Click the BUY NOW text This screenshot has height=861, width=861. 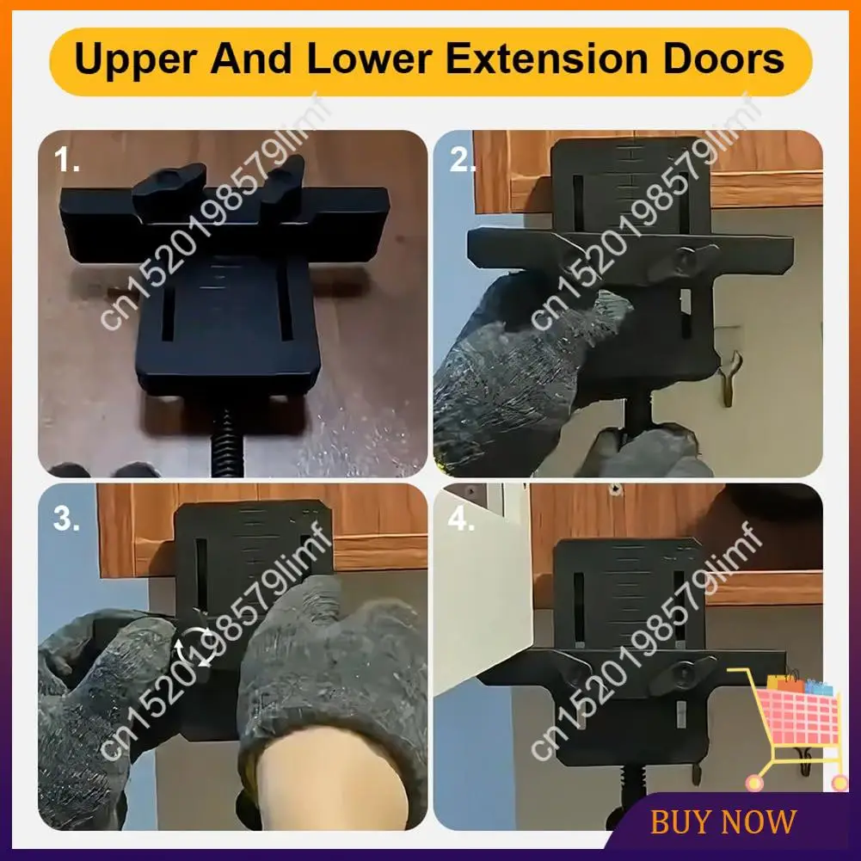tap(723, 821)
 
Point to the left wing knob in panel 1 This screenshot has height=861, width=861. tap(168, 187)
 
